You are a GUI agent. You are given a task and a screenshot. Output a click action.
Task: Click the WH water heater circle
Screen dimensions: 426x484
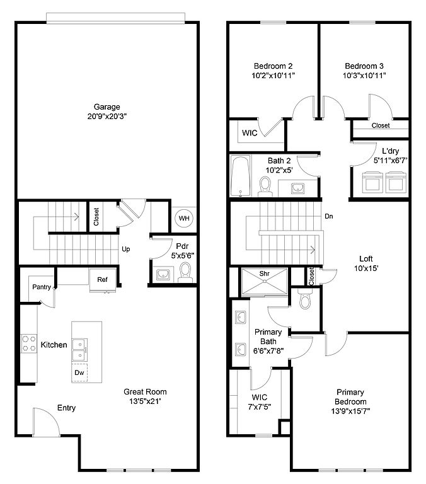click(x=184, y=218)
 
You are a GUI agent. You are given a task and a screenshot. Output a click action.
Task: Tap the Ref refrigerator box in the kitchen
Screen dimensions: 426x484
click(x=103, y=280)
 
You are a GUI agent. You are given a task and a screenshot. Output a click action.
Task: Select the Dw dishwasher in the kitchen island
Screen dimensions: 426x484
click(x=79, y=372)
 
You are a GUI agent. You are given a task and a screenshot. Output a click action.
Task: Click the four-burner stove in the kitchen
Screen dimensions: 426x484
click(x=29, y=343)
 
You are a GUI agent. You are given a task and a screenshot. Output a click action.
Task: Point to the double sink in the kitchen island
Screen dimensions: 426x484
click(x=79, y=350)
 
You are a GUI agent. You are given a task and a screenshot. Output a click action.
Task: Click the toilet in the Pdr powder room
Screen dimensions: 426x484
click(x=185, y=272)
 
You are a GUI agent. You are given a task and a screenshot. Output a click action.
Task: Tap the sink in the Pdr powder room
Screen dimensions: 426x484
click(x=163, y=274)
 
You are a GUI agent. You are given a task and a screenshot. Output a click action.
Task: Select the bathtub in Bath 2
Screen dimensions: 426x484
click(x=241, y=176)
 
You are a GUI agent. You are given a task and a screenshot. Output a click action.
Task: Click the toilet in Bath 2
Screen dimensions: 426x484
click(x=265, y=187)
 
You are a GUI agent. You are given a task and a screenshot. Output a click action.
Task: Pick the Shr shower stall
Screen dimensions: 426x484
click(x=264, y=282)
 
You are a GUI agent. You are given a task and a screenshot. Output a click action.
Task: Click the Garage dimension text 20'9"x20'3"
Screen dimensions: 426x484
click(x=107, y=117)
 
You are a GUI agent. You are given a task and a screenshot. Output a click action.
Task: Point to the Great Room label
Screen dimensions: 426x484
click(x=145, y=392)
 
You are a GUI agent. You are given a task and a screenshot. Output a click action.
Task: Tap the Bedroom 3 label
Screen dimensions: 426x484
click(x=364, y=66)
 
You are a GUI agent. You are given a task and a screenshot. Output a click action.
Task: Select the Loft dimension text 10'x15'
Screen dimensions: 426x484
click(x=366, y=268)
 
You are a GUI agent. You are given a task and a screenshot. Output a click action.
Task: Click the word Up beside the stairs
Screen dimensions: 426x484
click(x=125, y=249)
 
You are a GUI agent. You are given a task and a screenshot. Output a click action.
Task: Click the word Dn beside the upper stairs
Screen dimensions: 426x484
click(x=329, y=216)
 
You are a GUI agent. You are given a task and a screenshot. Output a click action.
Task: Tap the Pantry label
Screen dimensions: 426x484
click(x=42, y=287)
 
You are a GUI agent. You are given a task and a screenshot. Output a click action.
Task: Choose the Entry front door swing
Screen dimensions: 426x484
click(x=46, y=422)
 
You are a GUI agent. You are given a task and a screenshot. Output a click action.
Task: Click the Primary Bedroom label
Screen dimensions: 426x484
click(x=350, y=397)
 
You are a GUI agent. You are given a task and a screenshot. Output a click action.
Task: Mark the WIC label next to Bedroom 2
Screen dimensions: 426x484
click(x=250, y=133)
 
